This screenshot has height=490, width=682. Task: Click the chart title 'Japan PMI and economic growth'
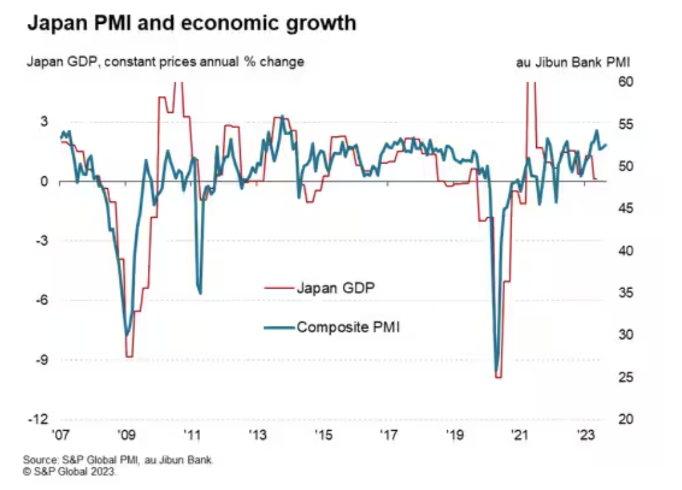[x=191, y=23]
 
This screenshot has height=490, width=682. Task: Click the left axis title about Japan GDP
[x=165, y=62]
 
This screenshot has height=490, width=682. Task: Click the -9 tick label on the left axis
[x=43, y=361]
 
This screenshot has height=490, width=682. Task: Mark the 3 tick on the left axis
[x=45, y=122]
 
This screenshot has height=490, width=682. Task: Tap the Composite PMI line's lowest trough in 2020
[x=496, y=371]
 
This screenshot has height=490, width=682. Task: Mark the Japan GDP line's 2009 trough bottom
[x=129, y=357]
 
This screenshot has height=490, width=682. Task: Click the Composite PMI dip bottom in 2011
[x=200, y=292]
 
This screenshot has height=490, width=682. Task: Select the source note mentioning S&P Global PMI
[x=118, y=460]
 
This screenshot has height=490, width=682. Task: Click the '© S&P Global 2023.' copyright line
[x=70, y=471]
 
